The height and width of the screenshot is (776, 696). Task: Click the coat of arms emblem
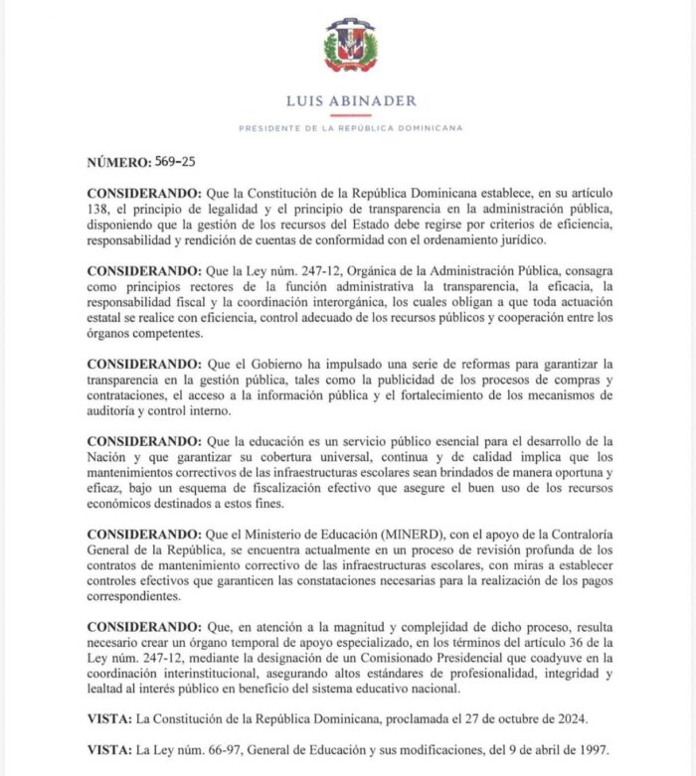[x=348, y=48]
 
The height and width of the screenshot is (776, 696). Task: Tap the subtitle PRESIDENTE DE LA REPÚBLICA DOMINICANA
[x=347, y=128]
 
